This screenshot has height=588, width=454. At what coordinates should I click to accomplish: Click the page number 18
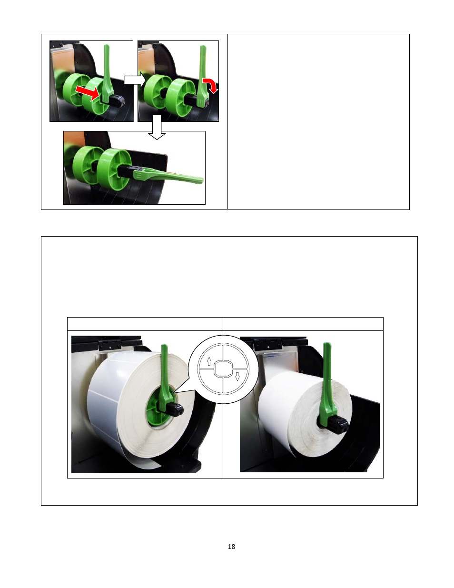tap(231, 547)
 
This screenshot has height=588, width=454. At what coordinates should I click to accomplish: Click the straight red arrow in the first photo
tap(87, 93)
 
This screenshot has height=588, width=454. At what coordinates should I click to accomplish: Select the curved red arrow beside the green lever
tap(211, 85)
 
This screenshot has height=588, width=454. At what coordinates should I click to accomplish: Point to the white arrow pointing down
tap(157, 127)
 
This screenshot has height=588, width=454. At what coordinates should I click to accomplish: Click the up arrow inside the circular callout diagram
tap(209, 361)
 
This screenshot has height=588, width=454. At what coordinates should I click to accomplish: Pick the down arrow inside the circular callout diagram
tap(237, 376)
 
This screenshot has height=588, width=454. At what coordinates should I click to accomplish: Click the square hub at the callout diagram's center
tap(223, 369)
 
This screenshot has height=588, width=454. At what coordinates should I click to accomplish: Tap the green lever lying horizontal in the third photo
tap(168, 177)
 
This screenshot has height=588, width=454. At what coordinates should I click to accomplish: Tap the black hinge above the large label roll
tap(110, 344)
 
